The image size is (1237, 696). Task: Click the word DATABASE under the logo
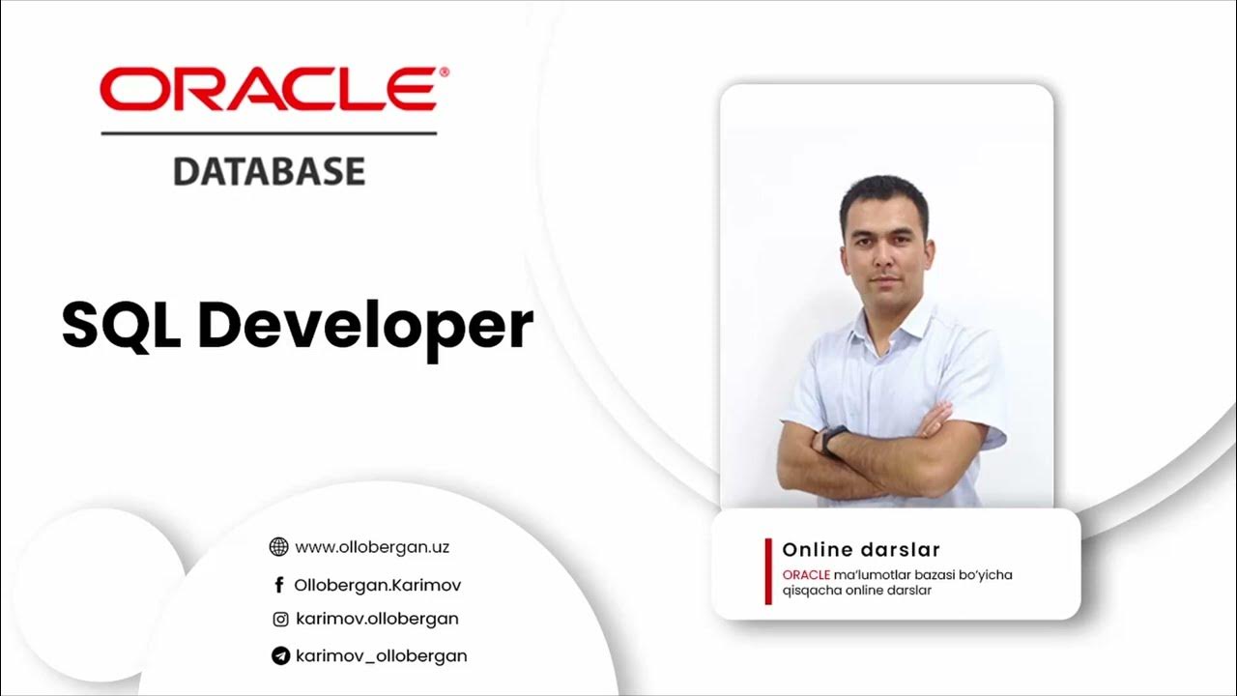tap(269, 172)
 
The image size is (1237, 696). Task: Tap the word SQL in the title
tap(123, 325)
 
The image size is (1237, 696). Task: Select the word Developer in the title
tap(365, 327)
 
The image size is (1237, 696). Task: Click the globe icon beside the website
tap(278, 547)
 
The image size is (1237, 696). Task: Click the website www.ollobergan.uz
tap(372, 547)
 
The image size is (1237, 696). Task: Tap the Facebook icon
tap(279, 585)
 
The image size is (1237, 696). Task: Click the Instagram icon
tap(280, 620)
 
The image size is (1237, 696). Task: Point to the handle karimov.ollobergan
tap(377, 619)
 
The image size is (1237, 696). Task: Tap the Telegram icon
tap(280, 656)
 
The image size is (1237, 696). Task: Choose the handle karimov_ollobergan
tap(381, 655)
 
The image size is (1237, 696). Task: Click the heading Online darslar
tap(861, 550)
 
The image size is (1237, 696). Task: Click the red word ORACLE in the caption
tap(806, 575)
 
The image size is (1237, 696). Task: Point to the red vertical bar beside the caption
tap(768, 571)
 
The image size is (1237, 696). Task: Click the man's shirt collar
tap(884, 324)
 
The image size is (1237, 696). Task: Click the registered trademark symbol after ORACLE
tap(444, 72)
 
